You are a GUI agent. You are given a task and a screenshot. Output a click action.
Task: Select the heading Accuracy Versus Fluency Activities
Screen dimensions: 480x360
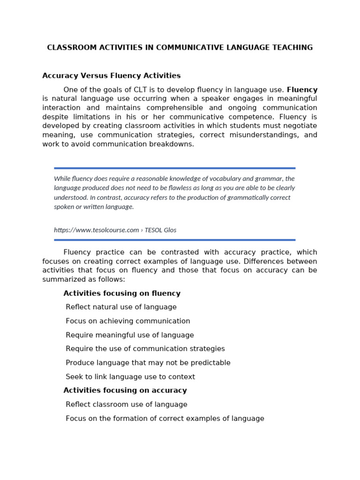pos(111,75)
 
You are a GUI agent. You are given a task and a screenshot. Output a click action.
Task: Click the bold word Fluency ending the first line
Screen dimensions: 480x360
pos(302,90)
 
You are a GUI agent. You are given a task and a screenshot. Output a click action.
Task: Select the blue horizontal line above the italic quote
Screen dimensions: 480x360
pos(174,168)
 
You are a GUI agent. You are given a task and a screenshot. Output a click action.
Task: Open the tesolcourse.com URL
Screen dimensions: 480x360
pos(97,230)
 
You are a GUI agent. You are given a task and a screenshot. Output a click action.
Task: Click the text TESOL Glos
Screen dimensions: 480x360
pos(160,230)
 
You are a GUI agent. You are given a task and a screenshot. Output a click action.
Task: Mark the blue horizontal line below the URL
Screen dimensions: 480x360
pos(174,240)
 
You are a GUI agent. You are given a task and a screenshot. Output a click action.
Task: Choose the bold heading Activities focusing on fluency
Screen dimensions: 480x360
pos(122,293)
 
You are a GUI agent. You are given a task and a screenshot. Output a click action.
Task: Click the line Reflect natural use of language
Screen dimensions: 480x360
pos(121,307)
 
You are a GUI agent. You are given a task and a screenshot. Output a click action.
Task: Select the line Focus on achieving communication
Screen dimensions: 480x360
pos(128,321)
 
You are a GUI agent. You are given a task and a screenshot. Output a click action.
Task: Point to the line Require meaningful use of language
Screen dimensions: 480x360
pos(130,335)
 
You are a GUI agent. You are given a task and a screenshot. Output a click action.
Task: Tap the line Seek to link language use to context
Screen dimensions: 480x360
pos(130,377)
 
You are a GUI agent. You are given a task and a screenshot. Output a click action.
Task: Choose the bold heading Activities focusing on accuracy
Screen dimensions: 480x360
pos(125,390)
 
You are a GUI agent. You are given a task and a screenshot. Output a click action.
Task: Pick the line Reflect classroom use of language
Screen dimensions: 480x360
pos(127,405)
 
